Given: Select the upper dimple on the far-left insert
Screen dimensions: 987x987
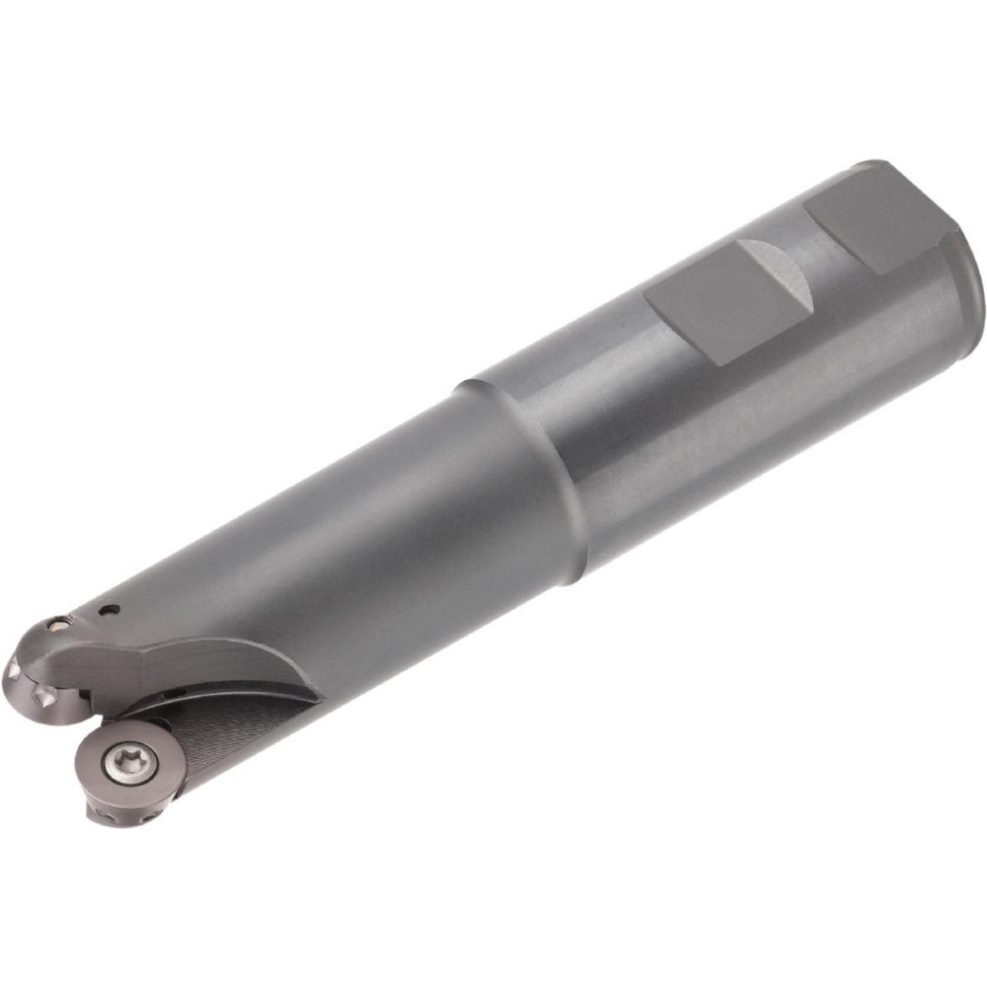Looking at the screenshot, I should point(14,671).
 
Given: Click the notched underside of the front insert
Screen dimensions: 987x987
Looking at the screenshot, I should point(118,814).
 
